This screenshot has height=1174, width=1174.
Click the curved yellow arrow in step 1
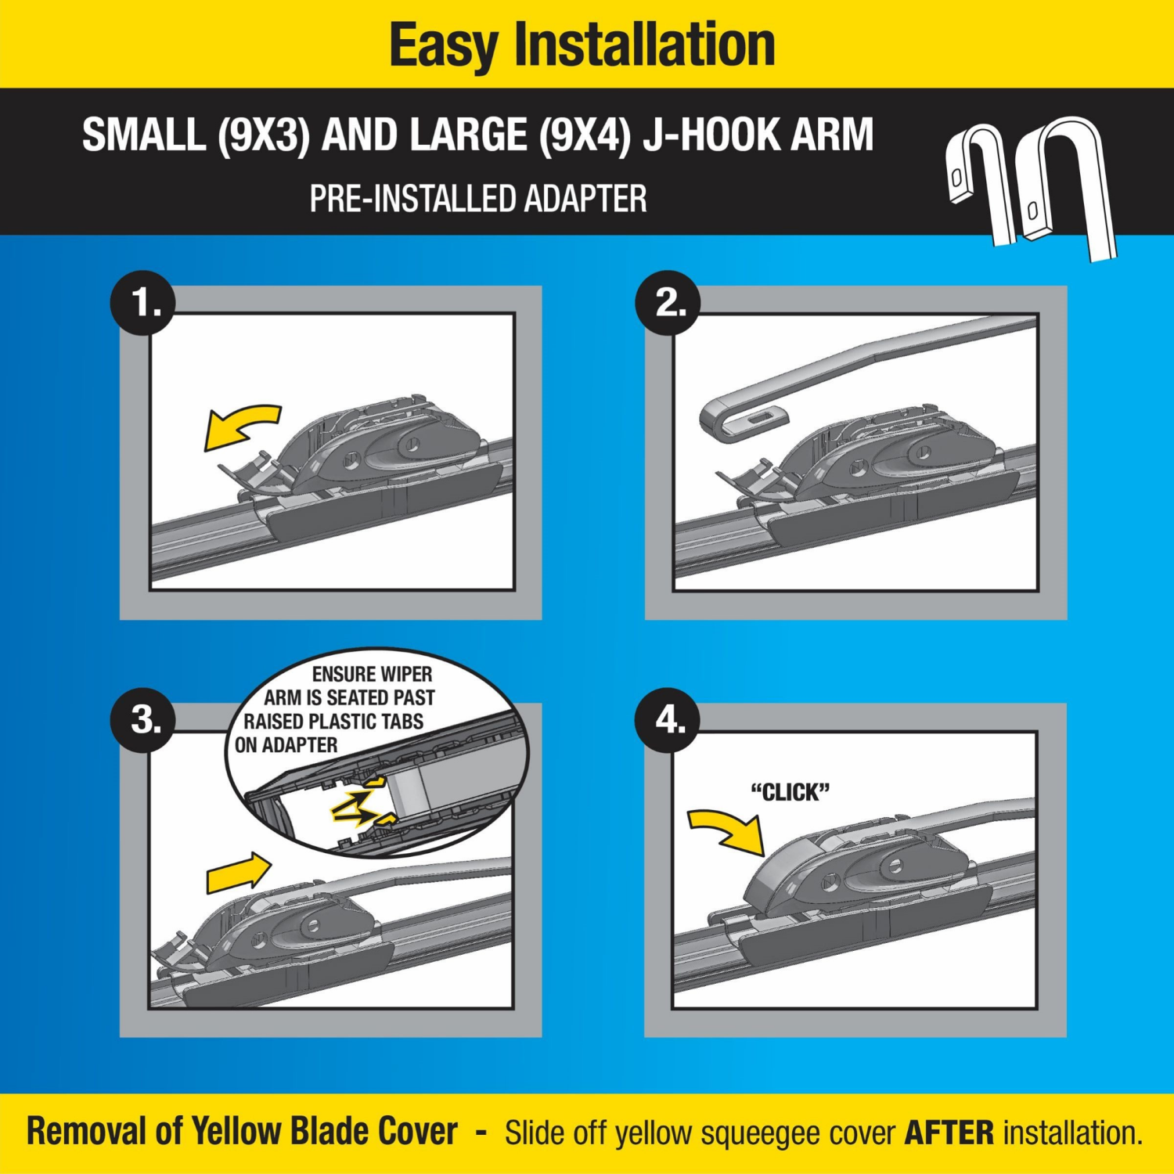click(x=239, y=428)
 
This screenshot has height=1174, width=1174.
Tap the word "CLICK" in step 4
click(x=790, y=792)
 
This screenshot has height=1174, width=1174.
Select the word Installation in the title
click(x=644, y=45)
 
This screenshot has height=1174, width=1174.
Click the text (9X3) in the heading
click(x=264, y=135)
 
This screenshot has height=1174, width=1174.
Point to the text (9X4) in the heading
click(x=585, y=135)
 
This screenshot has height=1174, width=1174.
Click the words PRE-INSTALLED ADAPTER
click(x=478, y=199)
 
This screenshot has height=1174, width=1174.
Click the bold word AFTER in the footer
click(x=949, y=1133)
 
